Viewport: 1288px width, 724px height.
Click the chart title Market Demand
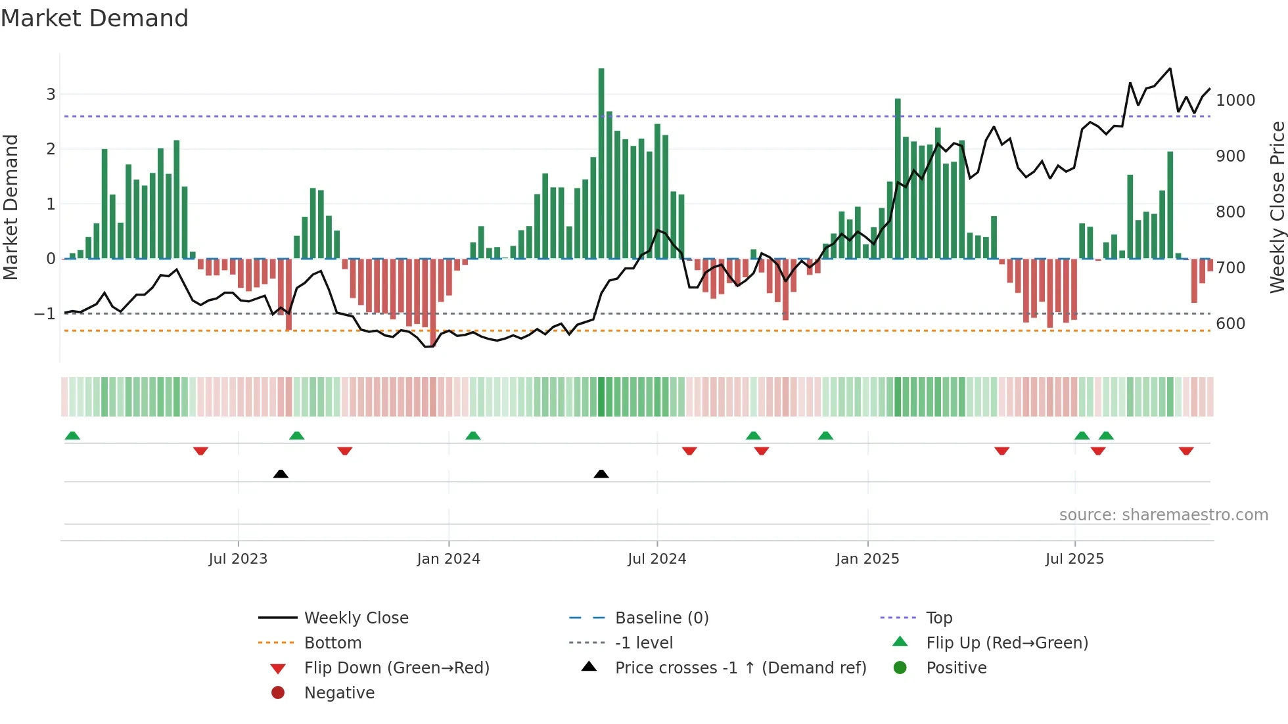click(x=95, y=18)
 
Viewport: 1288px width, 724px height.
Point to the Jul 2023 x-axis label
click(x=238, y=559)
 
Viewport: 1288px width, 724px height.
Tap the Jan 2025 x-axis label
click(x=867, y=559)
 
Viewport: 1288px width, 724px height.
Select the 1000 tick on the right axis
click(x=1235, y=101)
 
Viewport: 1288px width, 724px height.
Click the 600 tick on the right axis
click(x=1230, y=324)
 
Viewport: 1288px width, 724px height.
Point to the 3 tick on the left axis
click(x=51, y=95)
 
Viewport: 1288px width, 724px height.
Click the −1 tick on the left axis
click(x=45, y=314)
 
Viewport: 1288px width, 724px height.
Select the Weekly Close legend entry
click(x=356, y=618)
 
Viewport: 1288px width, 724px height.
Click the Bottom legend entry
click(x=333, y=643)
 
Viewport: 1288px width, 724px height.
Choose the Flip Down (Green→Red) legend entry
click(x=396, y=668)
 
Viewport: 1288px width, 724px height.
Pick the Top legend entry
click(x=939, y=618)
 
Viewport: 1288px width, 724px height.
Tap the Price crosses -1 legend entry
click(x=741, y=668)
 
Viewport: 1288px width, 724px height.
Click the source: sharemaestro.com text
click(x=1163, y=515)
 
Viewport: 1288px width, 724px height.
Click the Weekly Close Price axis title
click(x=1277, y=207)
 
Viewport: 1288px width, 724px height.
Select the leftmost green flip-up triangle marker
click(x=72, y=436)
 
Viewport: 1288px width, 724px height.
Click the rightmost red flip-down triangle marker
click(x=1186, y=451)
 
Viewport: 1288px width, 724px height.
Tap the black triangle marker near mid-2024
click(x=601, y=474)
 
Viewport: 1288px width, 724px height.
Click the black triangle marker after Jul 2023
click(x=281, y=474)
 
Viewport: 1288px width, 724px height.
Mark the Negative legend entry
click(x=339, y=693)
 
